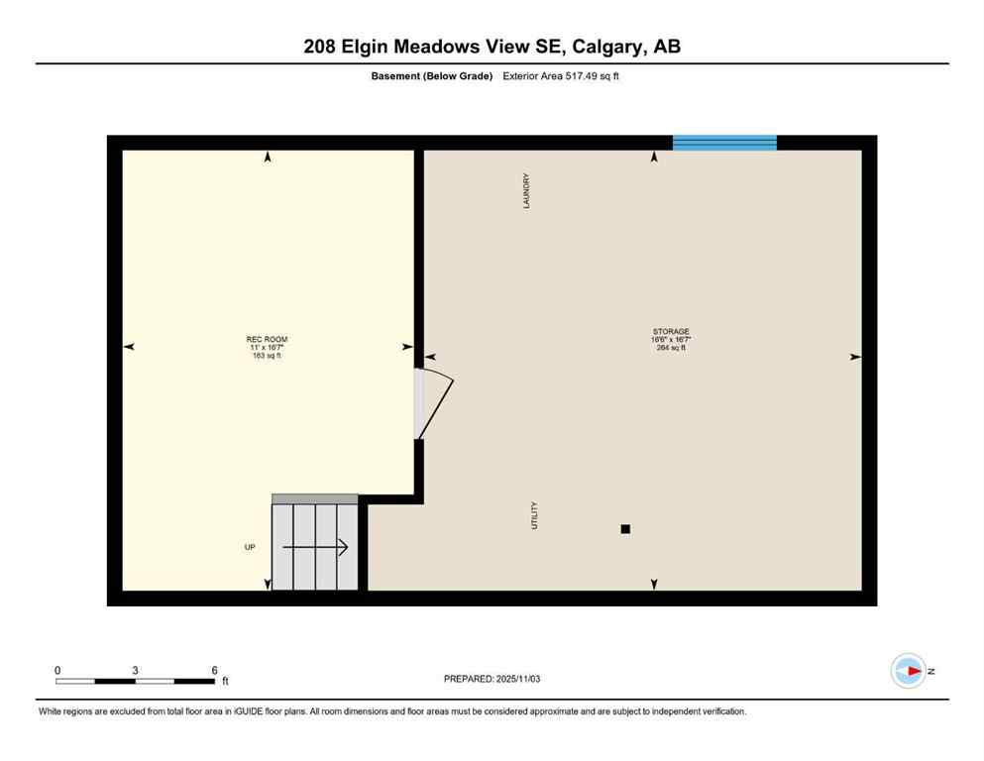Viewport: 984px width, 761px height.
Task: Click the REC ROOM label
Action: coord(268,339)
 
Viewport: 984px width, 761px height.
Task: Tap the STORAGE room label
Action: coord(671,331)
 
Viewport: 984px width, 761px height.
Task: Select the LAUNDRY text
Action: coord(528,191)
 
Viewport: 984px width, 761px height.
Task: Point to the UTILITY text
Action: coord(535,515)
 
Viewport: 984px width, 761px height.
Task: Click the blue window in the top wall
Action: coord(724,143)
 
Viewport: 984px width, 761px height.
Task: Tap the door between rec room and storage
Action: coord(432,404)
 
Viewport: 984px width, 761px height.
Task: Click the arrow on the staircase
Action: coord(315,547)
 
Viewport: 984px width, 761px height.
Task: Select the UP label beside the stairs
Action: coord(250,547)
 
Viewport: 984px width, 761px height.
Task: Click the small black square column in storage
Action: coord(625,529)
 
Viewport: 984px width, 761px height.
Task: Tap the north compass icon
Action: coord(908,671)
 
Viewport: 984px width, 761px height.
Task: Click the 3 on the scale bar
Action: coord(135,670)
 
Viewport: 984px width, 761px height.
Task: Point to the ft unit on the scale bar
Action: coord(225,682)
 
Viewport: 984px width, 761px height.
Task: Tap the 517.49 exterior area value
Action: coord(577,76)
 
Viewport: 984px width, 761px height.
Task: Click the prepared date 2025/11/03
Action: coord(515,679)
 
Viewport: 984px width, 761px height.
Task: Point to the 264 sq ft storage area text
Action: coord(671,348)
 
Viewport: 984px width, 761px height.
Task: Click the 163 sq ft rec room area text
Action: coord(268,356)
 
